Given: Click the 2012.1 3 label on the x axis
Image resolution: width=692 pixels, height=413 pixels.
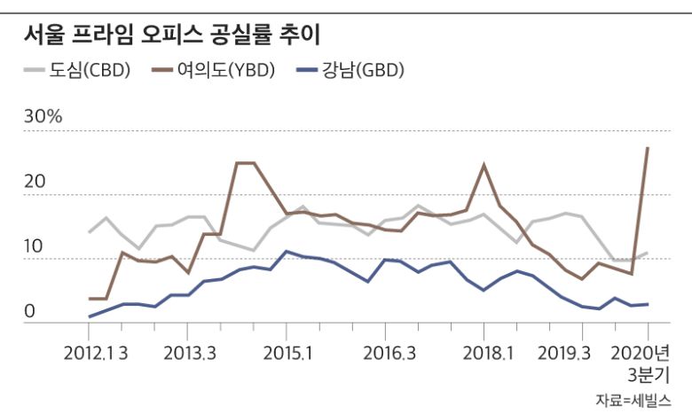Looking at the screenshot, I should pos(96,353).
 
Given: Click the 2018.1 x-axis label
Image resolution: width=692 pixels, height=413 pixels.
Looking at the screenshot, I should pos(485,353).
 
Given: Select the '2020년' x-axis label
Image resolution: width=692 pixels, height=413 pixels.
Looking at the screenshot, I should pos(646,353).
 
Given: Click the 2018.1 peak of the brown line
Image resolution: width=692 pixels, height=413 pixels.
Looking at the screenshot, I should pos(484,165).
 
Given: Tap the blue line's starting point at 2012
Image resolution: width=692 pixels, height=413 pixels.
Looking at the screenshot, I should pos(90,316).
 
